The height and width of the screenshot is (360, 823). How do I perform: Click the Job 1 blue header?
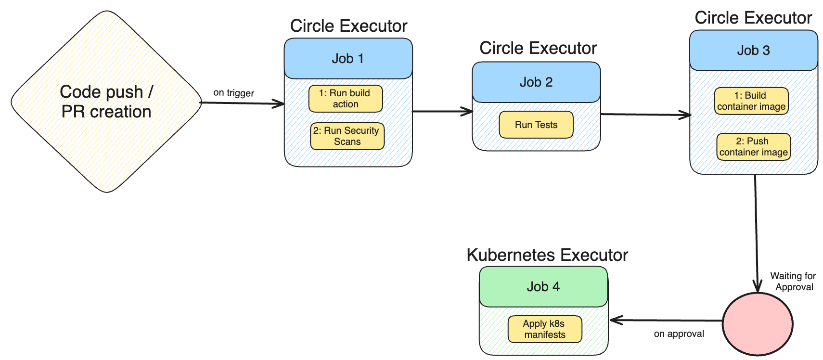(x=348, y=59)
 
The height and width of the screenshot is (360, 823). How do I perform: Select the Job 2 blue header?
(x=536, y=82)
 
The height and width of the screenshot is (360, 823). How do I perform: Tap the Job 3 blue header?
(x=753, y=51)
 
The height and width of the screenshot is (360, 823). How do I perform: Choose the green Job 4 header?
(x=543, y=287)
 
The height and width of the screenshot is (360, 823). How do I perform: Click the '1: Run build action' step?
(x=346, y=99)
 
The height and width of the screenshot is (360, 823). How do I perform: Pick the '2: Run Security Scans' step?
(x=347, y=136)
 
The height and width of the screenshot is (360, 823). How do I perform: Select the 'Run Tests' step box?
(x=536, y=125)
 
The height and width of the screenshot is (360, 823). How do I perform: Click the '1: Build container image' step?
(x=751, y=101)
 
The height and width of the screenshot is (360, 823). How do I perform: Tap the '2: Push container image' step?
(x=753, y=147)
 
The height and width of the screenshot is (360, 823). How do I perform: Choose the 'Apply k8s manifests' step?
(x=545, y=329)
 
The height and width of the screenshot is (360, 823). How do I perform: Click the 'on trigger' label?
(x=234, y=93)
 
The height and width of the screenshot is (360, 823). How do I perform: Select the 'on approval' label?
(x=679, y=334)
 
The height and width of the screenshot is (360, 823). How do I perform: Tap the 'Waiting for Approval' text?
(x=793, y=282)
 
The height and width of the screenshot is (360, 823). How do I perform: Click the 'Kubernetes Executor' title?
(x=547, y=255)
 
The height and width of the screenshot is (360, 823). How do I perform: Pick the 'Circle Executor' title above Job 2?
(x=538, y=48)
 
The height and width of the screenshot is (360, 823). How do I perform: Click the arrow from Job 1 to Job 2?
(x=443, y=112)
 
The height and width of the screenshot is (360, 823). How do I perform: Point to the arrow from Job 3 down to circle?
(x=756, y=231)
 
